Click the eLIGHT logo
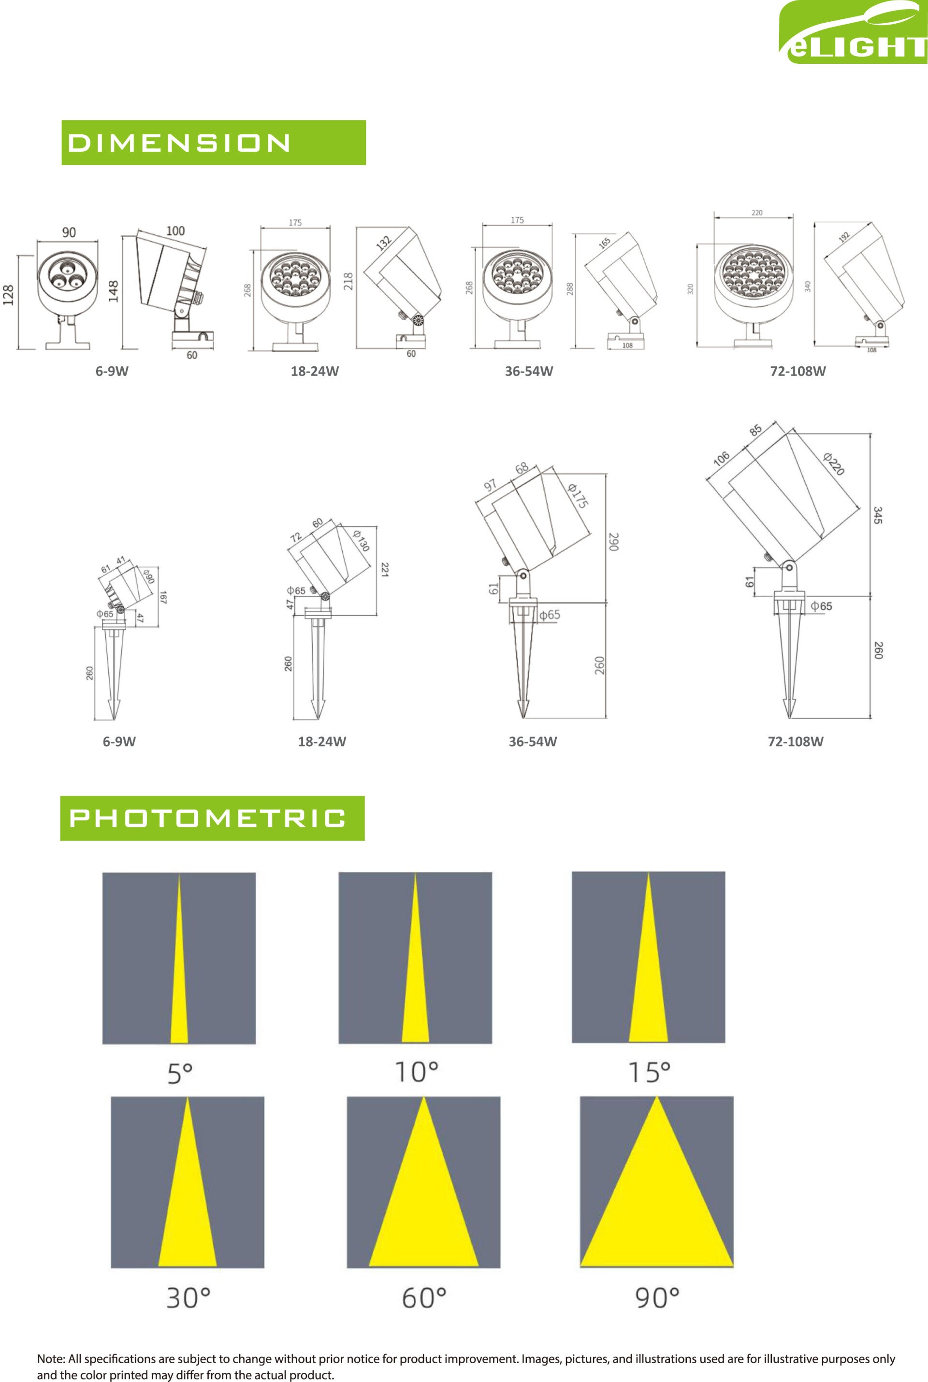[853, 32]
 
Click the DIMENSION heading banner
[214, 143]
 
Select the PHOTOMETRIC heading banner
[213, 818]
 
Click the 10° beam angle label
[417, 1072]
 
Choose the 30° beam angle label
[188, 1298]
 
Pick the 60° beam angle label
[424, 1298]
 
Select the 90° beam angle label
[657, 1298]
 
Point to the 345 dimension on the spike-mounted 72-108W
[878, 515]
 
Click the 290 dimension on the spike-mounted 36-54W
[613, 542]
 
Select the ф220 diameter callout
[833, 464]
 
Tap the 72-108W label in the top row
[798, 372]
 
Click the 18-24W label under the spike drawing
[322, 742]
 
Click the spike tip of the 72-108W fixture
[789, 717]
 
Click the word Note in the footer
[50, 1359]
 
